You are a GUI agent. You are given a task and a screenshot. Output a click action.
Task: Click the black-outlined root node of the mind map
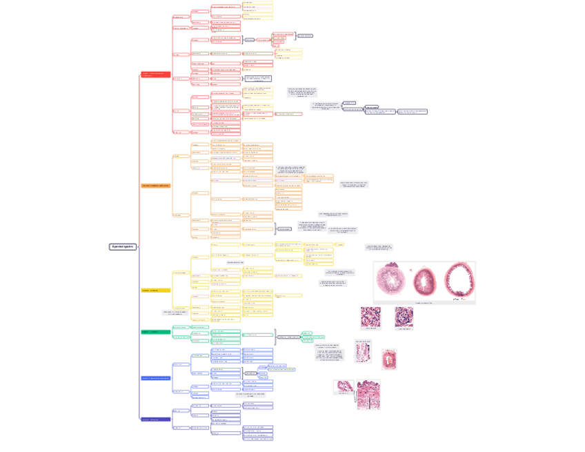point(122,246)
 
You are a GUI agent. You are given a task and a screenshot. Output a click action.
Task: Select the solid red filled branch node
point(155,74)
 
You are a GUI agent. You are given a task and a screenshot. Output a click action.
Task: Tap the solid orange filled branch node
point(155,186)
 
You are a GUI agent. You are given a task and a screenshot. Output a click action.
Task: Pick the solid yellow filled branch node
point(155,291)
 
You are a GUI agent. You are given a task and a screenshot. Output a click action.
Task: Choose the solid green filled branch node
point(155,332)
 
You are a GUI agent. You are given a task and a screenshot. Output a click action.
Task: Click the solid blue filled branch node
point(155,378)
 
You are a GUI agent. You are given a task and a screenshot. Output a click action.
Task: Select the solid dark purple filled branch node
point(155,420)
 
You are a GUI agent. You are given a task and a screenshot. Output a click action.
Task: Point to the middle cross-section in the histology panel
point(425,282)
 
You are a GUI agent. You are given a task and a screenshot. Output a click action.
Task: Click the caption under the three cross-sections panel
point(424,303)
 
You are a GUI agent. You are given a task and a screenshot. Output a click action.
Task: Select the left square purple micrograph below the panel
point(370,317)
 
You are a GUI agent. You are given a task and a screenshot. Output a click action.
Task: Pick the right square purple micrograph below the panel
point(404,317)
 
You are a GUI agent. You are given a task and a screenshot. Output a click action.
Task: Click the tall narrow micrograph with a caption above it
point(363,352)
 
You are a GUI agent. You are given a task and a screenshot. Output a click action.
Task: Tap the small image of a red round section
point(389,360)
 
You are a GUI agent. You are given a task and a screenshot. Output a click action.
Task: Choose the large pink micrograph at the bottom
point(368,395)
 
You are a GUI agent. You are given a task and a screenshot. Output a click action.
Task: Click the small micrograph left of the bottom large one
point(344,386)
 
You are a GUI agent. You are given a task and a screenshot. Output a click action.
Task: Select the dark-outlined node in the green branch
point(288,337)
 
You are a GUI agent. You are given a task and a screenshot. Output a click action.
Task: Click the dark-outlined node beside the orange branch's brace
point(284,229)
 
